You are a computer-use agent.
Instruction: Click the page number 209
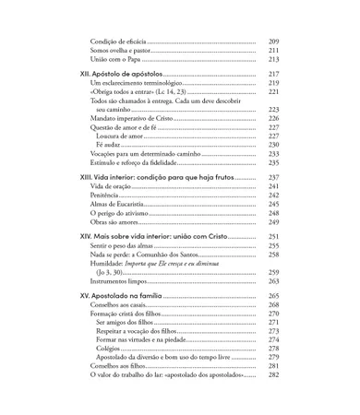tap(273, 41)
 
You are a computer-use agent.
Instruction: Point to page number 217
tap(273, 75)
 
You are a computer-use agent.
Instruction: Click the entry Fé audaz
tap(109, 145)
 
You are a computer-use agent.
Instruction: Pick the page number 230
tap(273, 145)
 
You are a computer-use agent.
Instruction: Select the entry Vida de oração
tap(114, 187)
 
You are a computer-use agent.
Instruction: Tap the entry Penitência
tap(108, 196)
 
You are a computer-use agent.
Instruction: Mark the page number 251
tap(273, 237)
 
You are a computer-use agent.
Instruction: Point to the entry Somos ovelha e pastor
tap(124, 51)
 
